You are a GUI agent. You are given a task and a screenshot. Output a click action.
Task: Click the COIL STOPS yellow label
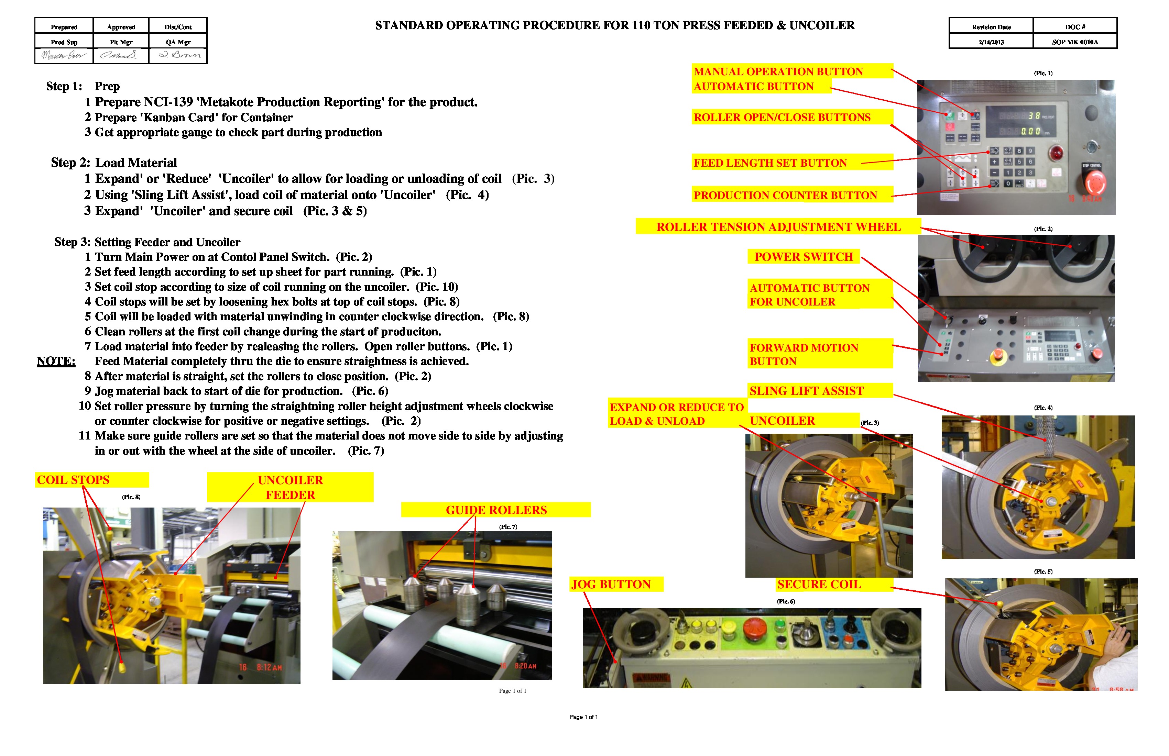tap(73, 480)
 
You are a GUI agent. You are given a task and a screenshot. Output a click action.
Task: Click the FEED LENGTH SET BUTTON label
tap(770, 163)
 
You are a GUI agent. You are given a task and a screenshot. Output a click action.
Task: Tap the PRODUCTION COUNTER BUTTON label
tap(785, 196)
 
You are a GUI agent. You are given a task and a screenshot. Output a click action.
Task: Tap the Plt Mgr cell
tap(121, 42)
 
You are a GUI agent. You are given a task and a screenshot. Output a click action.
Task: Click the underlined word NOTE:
tap(56, 361)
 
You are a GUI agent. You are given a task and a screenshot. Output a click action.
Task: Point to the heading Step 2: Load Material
tap(114, 163)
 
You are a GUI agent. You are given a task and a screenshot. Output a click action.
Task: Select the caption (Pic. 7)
tap(508, 527)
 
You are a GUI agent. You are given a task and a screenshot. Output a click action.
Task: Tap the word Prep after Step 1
tap(107, 86)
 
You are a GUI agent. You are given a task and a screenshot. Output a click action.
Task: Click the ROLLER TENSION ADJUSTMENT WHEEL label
tap(778, 227)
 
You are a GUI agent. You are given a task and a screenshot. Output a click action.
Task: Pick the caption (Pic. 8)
tap(131, 497)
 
